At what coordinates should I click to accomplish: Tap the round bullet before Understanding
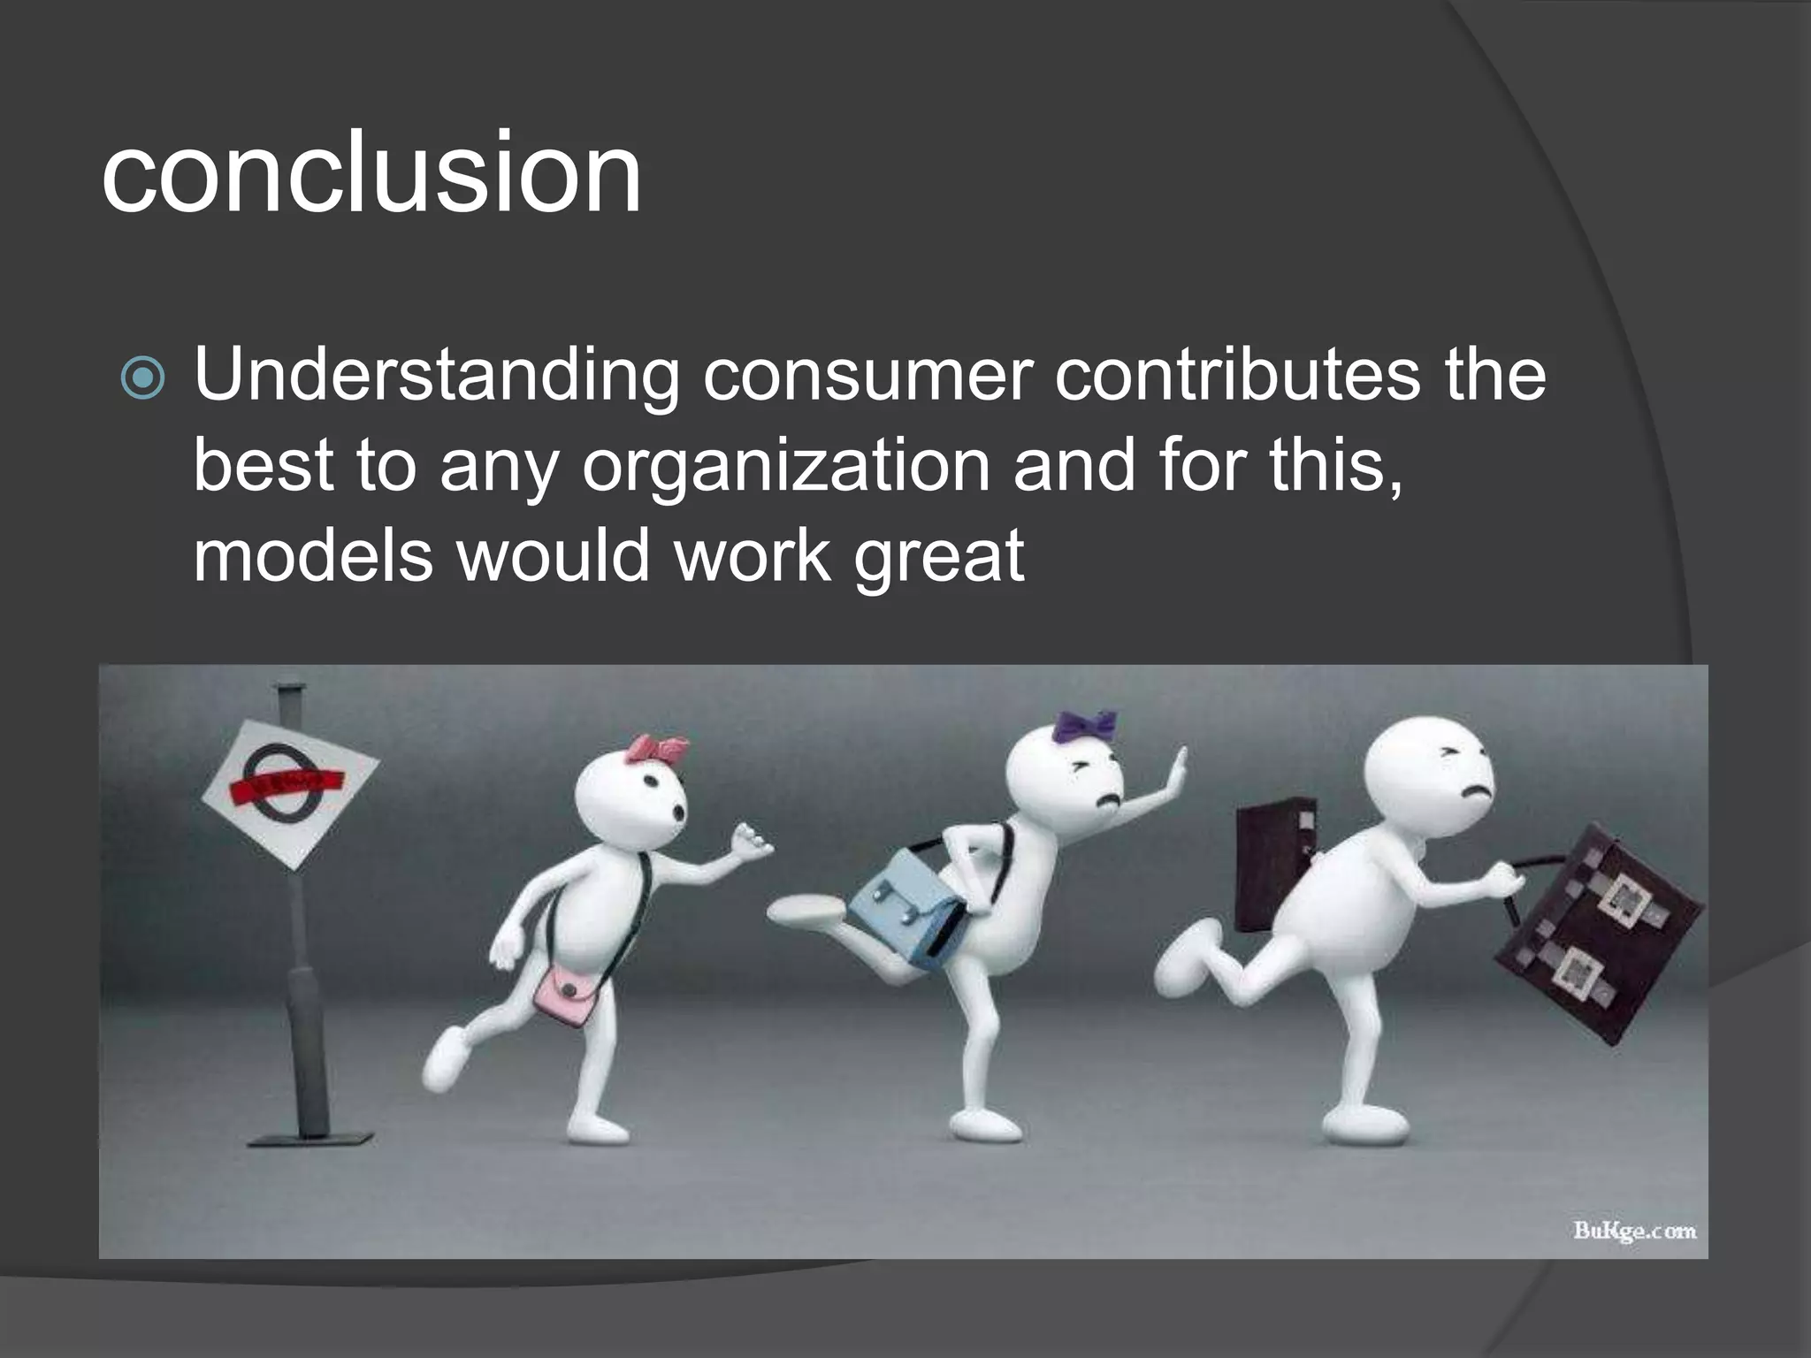142,378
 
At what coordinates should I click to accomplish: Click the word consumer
867,376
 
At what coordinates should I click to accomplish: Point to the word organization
786,466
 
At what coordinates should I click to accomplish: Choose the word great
938,557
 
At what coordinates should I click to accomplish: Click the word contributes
1237,376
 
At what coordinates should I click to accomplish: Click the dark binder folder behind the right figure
1273,866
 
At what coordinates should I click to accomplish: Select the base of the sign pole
309,1136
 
